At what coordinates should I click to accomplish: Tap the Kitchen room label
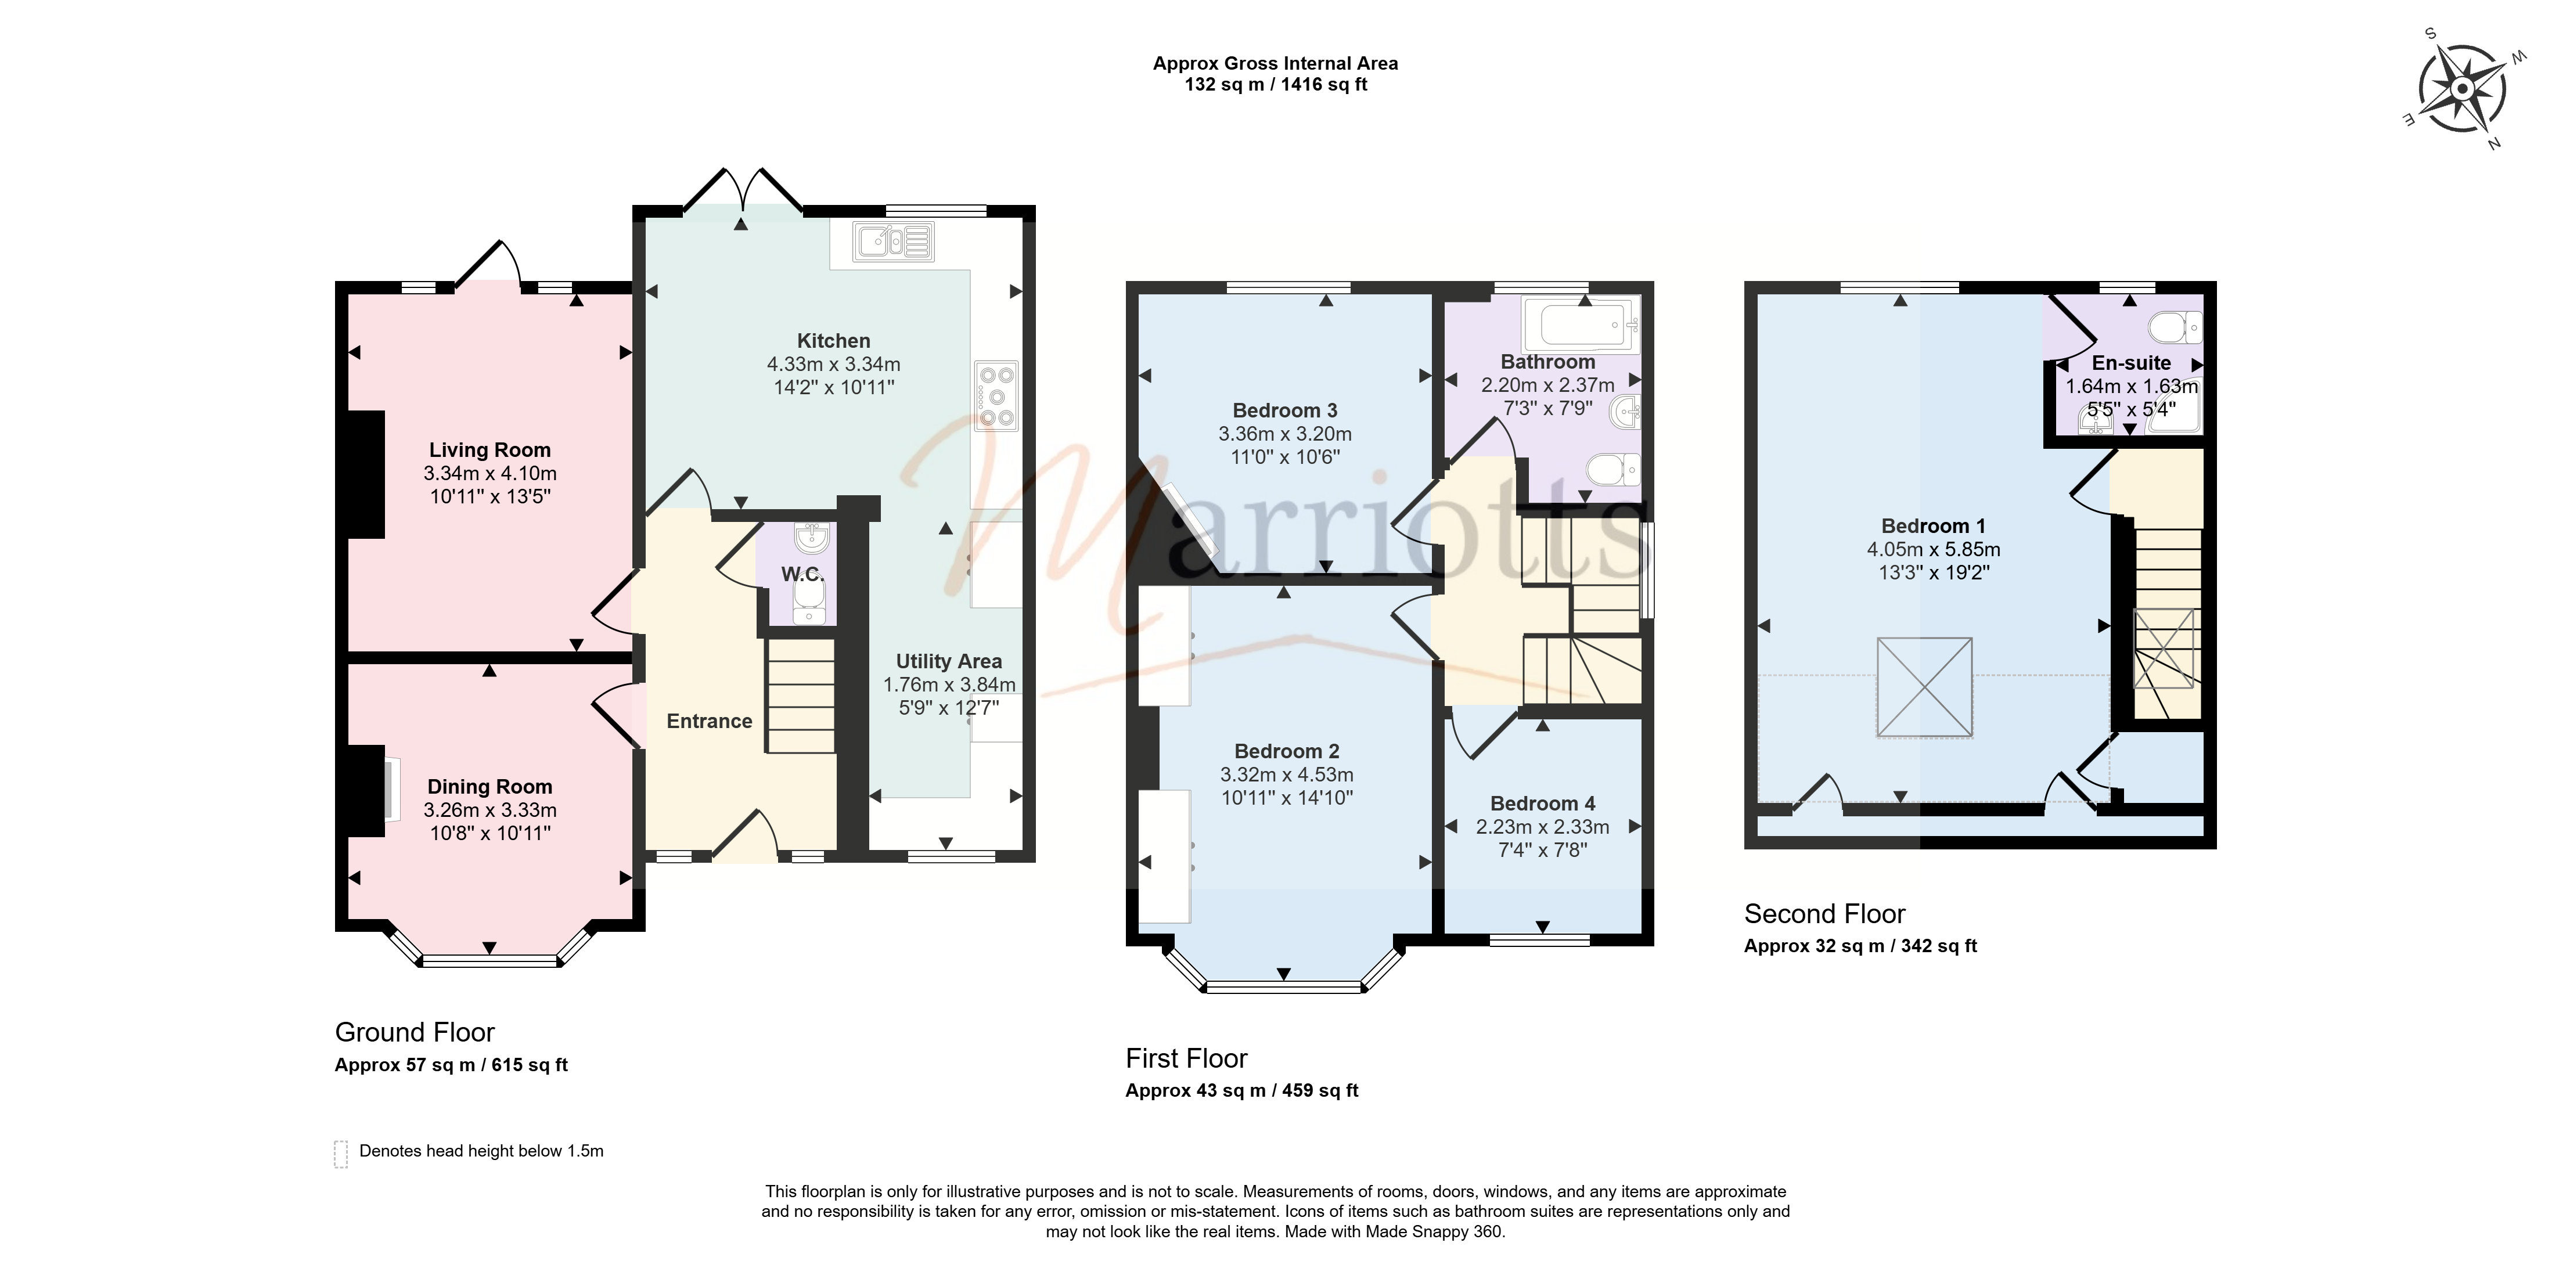click(833, 341)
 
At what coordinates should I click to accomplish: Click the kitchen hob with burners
click(996, 396)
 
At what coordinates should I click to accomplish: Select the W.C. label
click(802, 575)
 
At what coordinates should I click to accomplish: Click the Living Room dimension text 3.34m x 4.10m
click(489, 474)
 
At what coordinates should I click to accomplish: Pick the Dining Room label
click(489, 787)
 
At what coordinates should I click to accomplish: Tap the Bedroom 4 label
click(1542, 804)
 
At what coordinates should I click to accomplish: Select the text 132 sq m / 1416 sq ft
click(1276, 85)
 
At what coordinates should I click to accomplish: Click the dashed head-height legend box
click(341, 1154)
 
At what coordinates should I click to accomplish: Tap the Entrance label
click(710, 721)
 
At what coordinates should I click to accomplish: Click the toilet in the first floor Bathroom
click(1612, 470)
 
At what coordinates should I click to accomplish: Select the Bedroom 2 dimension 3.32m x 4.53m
click(1286, 775)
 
